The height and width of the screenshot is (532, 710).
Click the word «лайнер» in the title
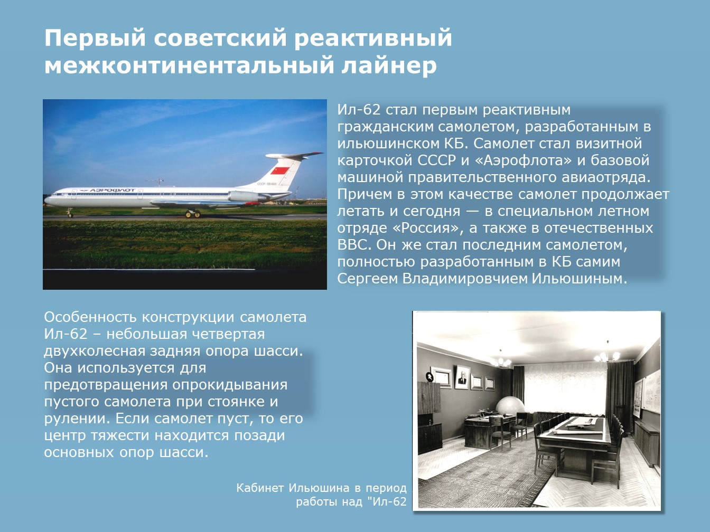pyautogui.click(x=389, y=65)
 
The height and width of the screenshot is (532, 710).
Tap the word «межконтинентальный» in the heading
pyautogui.click(x=189, y=65)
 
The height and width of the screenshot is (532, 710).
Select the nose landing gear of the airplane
pyautogui.click(x=70, y=212)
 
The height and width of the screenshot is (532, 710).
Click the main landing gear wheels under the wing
pyautogui.click(x=192, y=213)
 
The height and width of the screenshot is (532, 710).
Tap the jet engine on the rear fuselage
pyautogui.click(x=247, y=196)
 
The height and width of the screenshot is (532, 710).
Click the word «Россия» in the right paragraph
pyautogui.click(x=426, y=228)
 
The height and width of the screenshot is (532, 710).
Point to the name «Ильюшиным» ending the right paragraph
pyautogui.click(x=580, y=279)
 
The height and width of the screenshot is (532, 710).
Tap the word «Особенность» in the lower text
pyautogui.click(x=90, y=317)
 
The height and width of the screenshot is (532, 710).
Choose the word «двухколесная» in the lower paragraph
pyautogui.click(x=95, y=351)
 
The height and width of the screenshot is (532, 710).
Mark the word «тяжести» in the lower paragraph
pyautogui.click(x=119, y=435)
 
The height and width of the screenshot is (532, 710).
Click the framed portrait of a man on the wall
pyautogui.click(x=462, y=377)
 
